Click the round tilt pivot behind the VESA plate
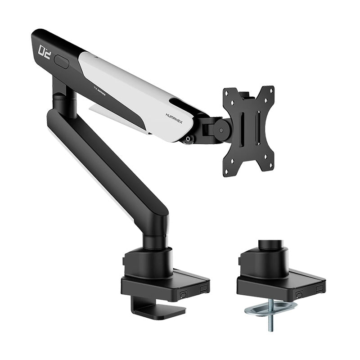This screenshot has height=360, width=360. [222, 129]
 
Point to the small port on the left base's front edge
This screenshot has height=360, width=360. [184, 295]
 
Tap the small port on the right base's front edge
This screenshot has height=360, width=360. [299, 295]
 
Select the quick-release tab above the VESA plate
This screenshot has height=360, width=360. [244, 95]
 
